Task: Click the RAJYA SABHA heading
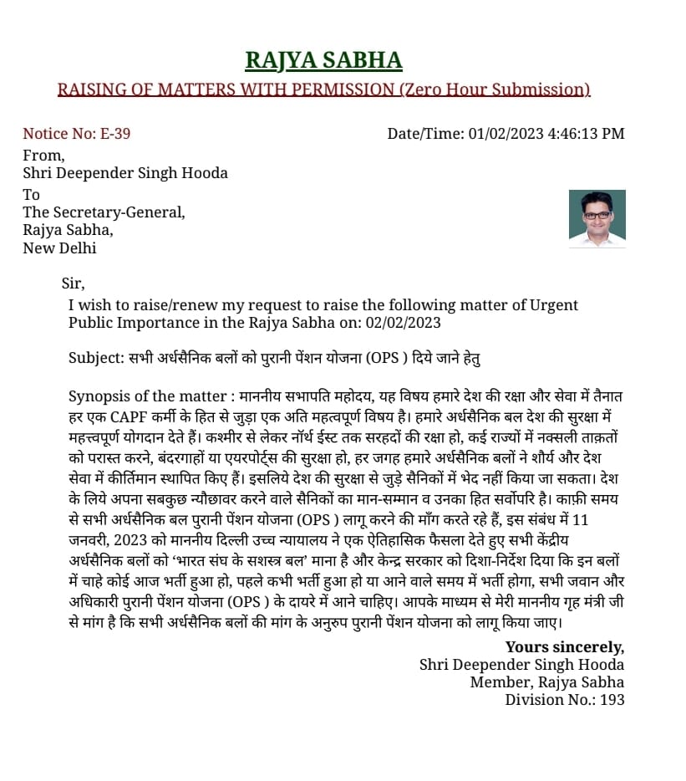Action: (323, 60)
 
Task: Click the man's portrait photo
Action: (597, 218)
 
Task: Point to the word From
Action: (43, 155)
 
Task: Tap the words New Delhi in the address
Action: (59, 248)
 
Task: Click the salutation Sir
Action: (73, 283)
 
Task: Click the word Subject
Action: (94, 359)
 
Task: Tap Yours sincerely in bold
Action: (564, 647)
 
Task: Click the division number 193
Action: (612, 700)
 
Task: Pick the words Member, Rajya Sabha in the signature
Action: (546, 682)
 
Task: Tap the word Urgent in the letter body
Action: (554, 305)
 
